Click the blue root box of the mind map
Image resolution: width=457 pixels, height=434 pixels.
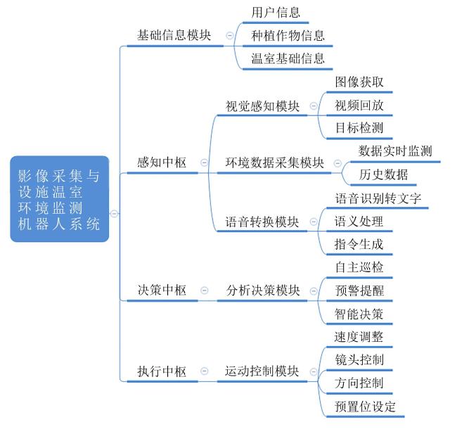point(60,199)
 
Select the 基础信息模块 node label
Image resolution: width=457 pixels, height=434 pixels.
point(174,35)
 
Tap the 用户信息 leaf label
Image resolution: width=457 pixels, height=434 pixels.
point(276,12)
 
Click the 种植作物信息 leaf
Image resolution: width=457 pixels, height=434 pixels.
point(288,36)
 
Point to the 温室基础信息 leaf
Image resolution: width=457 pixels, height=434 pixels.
point(288,58)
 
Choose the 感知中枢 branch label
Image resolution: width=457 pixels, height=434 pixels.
point(162,162)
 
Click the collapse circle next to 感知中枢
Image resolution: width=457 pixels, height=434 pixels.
point(205,162)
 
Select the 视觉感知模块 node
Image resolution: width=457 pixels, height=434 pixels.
point(263,106)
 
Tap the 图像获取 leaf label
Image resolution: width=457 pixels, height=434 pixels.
point(359,82)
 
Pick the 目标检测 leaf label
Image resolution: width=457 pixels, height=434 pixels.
point(359,128)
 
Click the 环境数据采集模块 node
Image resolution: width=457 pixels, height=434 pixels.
point(274,162)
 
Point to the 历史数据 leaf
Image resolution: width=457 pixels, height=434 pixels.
point(384,174)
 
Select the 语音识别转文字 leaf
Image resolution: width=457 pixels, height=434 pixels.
point(378,198)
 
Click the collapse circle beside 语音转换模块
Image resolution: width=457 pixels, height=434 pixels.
point(314,222)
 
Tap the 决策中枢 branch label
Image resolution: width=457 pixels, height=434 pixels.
point(162,290)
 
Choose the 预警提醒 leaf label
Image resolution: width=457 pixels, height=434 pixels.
point(359,291)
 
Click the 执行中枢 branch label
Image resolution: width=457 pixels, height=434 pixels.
point(162,371)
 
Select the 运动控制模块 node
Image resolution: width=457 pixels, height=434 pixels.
point(262,371)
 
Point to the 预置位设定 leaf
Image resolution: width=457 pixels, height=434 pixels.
point(365,407)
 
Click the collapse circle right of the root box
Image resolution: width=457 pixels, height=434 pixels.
point(114,214)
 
